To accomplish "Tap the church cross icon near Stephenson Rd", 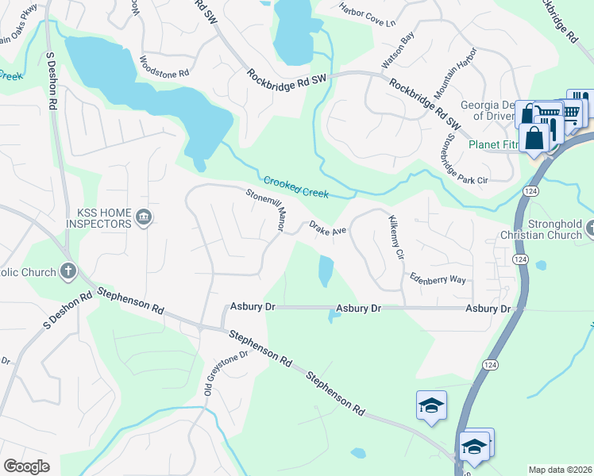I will [x=68, y=271].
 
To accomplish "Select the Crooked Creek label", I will [x=296, y=186].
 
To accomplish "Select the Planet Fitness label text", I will [x=493, y=144].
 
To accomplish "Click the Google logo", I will [x=26, y=466].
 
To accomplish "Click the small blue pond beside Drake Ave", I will [x=326, y=271].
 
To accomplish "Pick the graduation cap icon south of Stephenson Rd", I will [x=431, y=405].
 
